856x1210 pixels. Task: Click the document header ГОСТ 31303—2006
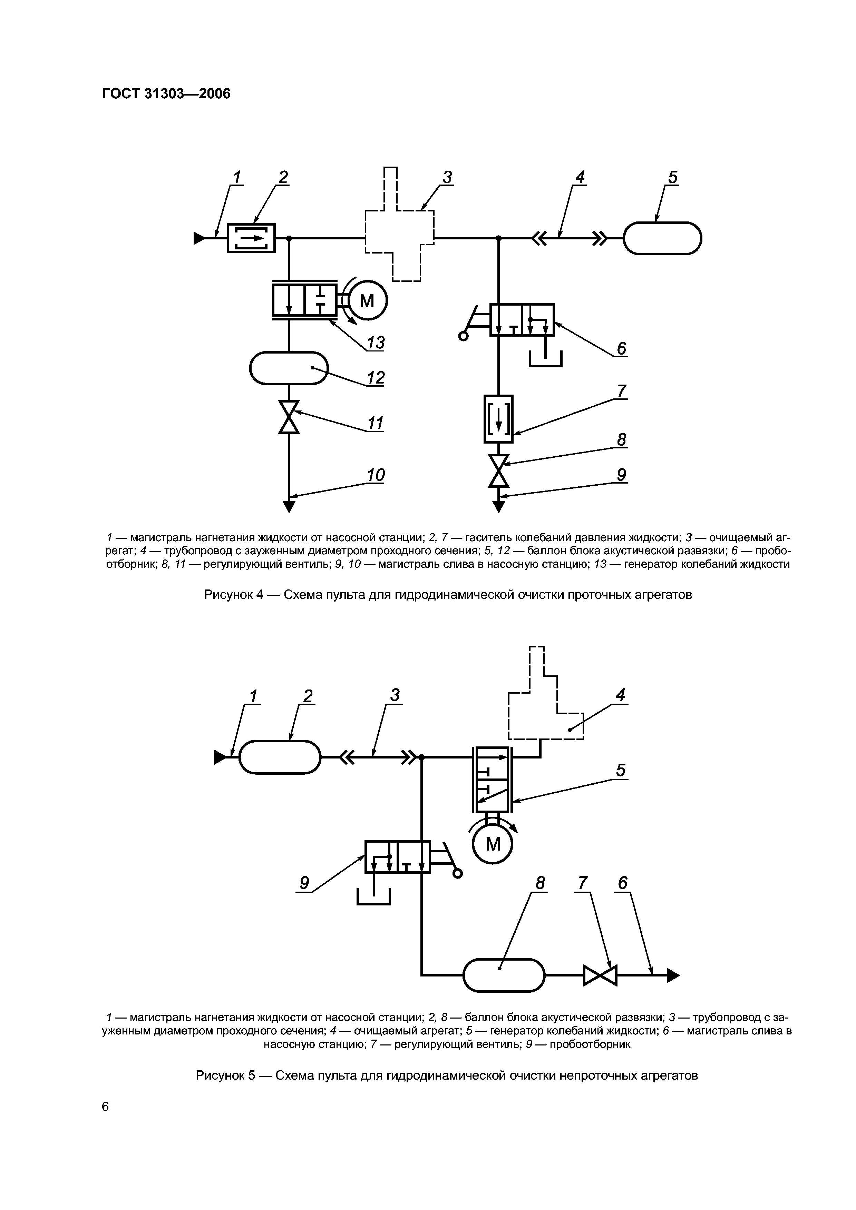(166, 94)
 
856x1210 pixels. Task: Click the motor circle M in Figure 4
(367, 301)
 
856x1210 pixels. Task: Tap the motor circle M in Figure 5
(493, 845)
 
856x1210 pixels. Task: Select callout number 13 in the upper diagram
(376, 343)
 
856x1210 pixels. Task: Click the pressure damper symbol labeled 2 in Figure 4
(251, 238)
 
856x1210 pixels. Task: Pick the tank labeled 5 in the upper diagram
(662, 238)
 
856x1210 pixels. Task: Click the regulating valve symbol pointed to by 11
(289, 417)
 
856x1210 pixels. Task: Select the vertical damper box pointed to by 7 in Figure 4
(498, 418)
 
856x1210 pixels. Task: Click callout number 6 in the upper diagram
(621, 348)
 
